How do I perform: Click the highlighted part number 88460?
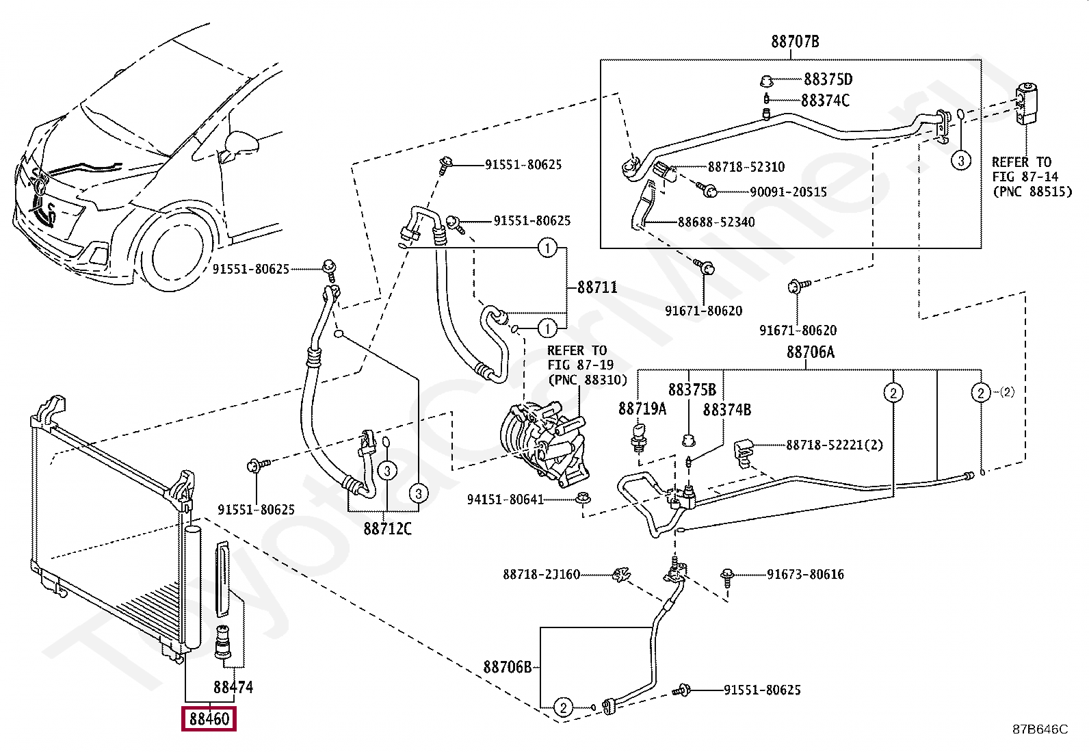click(x=209, y=718)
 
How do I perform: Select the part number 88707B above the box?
click(x=795, y=41)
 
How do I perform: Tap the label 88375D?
click(x=828, y=79)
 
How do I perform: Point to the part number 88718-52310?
click(x=746, y=167)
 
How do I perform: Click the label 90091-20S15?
click(x=788, y=192)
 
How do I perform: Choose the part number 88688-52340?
click(x=716, y=222)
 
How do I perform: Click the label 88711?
click(x=597, y=287)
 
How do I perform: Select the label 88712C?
click(x=387, y=529)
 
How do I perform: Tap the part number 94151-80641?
click(x=506, y=500)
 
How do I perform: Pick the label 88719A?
click(x=642, y=409)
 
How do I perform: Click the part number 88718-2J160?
click(x=542, y=575)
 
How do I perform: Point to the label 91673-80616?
click(x=806, y=575)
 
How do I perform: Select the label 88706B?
click(x=507, y=667)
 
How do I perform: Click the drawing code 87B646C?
click(x=1040, y=729)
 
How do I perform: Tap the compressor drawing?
click(x=544, y=443)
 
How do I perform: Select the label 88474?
click(x=233, y=687)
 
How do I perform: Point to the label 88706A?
click(x=811, y=352)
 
